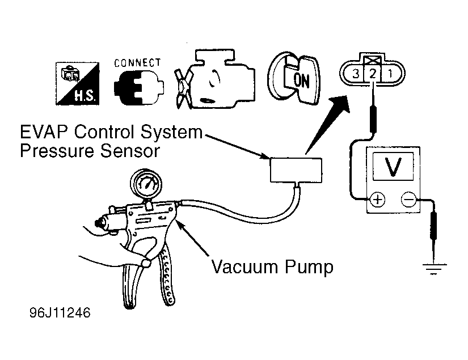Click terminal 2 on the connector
(373, 73)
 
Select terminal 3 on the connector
(356, 73)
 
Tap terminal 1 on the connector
(390, 73)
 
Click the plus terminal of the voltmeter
(378, 199)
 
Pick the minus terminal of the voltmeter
(408, 199)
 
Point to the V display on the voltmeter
(393, 166)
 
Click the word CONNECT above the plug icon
(138, 62)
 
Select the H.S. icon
(77, 83)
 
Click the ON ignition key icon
(294, 78)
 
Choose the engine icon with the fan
(215, 79)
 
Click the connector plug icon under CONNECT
(139, 88)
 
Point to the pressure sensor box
(296, 170)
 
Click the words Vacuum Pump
(272, 266)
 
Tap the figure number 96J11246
(60, 313)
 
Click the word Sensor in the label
(130, 151)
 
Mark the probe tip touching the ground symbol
(433, 262)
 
